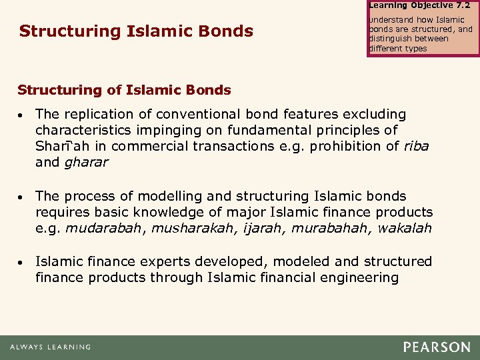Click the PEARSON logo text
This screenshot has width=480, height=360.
coord(436,347)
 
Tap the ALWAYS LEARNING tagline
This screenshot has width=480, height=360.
coord(50,347)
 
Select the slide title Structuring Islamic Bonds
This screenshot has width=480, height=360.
coord(136,31)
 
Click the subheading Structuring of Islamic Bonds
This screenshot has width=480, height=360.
coord(124,90)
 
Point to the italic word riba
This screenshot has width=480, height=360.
coord(417,147)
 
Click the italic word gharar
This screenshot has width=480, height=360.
coord(85,162)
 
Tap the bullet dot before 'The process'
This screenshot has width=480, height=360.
coord(22,197)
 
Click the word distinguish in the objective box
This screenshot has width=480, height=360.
coord(394,39)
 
